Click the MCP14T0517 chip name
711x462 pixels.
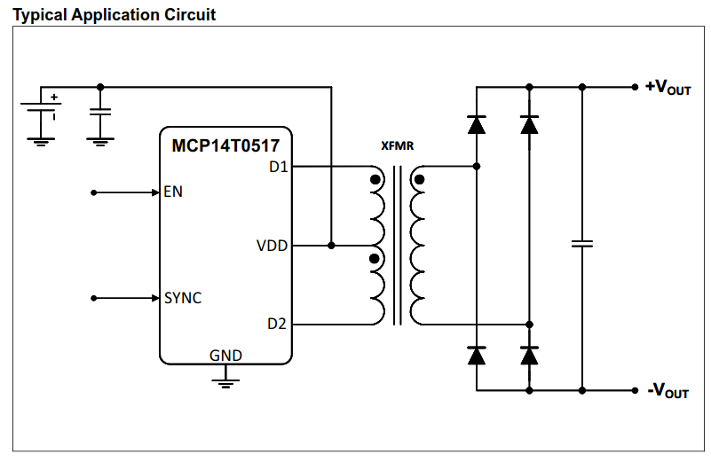click(225, 143)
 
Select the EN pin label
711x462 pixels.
click(173, 192)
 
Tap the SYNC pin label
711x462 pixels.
click(183, 298)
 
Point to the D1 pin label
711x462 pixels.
click(278, 166)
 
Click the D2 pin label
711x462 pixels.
click(277, 325)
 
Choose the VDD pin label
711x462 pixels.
click(272, 246)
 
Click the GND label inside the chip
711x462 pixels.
click(225, 356)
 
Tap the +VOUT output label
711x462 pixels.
click(668, 87)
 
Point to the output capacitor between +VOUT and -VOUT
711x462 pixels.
click(582, 243)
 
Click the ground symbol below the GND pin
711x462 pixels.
click(225, 381)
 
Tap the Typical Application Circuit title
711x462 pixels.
click(115, 15)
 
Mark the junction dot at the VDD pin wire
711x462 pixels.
click(331, 246)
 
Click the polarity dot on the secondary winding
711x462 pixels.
click(419, 179)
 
